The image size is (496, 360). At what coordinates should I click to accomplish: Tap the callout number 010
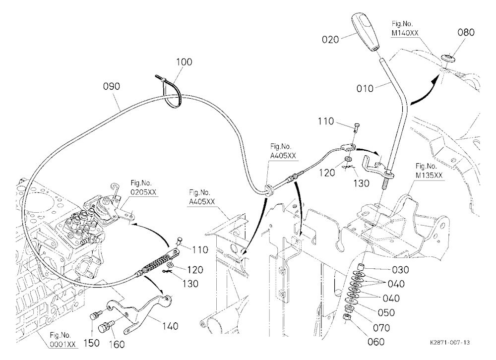(x=365, y=88)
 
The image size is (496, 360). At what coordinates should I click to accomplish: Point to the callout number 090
(x=112, y=86)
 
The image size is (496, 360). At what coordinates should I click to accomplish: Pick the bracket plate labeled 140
(x=139, y=311)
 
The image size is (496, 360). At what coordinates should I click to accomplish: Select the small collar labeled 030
(x=360, y=267)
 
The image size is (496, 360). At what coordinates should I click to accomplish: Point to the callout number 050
(x=386, y=312)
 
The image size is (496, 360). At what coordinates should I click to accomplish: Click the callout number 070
(x=381, y=328)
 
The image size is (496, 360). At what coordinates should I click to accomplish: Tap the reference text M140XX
(x=405, y=33)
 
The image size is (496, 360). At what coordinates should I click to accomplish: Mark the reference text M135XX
(x=429, y=175)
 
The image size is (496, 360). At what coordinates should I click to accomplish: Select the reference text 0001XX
(x=63, y=344)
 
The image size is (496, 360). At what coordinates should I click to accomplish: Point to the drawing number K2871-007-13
(x=450, y=342)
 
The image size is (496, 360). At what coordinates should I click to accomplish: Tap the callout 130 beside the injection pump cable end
(x=190, y=284)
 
